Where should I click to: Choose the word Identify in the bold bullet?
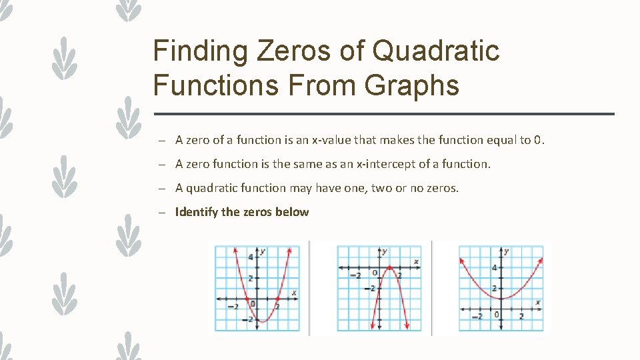(x=196, y=212)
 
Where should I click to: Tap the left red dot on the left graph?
(x=246, y=299)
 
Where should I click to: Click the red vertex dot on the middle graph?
(x=389, y=268)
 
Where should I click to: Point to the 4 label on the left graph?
(x=250, y=257)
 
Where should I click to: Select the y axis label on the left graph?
(x=263, y=251)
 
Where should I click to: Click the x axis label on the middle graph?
(x=416, y=261)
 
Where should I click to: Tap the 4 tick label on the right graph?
(x=494, y=267)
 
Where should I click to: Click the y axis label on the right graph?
(x=507, y=251)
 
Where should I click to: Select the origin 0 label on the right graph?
(x=496, y=314)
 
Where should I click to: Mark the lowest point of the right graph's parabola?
(x=501, y=298)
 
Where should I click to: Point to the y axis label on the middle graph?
(x=385, y=251)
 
